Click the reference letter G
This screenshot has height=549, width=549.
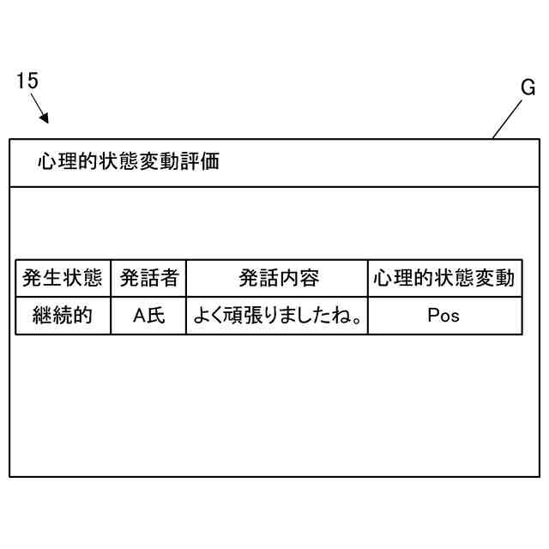click(528, 87)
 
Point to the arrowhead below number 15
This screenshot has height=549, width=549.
click(45, 118)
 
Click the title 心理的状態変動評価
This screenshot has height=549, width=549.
click(128, 162)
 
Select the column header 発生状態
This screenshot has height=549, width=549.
click(63, 278)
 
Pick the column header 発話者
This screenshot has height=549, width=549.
click(148, 278)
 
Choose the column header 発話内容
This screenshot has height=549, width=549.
click(278, 278)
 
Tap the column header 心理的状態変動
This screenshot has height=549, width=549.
click(443, 278)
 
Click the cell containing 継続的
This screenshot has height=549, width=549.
click(63, 316)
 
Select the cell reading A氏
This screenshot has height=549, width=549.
click(148, 316)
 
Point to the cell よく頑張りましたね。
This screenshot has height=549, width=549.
click(276, 316)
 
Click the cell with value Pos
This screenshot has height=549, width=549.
click(443, 316)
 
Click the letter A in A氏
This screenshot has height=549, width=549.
click(140, 316)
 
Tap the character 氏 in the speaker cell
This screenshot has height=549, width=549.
click(156, 316)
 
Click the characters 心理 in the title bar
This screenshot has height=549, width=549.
click(56, 162)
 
